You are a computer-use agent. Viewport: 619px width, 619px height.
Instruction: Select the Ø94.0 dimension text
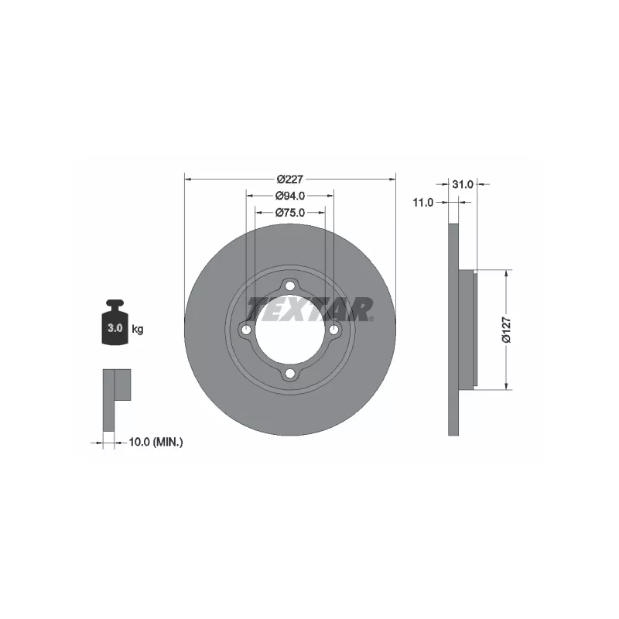point(290,196)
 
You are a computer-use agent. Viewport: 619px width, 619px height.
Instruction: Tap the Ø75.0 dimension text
point(290,212)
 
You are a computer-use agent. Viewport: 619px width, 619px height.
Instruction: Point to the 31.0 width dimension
point(462,184)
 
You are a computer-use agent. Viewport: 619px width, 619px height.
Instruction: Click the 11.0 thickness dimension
point(422,202)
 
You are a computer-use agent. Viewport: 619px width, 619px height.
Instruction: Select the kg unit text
point(138,330)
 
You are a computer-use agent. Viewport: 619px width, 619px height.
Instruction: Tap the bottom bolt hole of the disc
point(290,374)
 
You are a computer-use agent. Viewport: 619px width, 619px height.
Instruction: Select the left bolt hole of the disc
point(246,330)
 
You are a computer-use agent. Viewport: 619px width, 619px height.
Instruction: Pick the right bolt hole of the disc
point(334,330)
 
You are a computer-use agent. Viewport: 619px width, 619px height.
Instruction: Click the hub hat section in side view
point(469,329)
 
